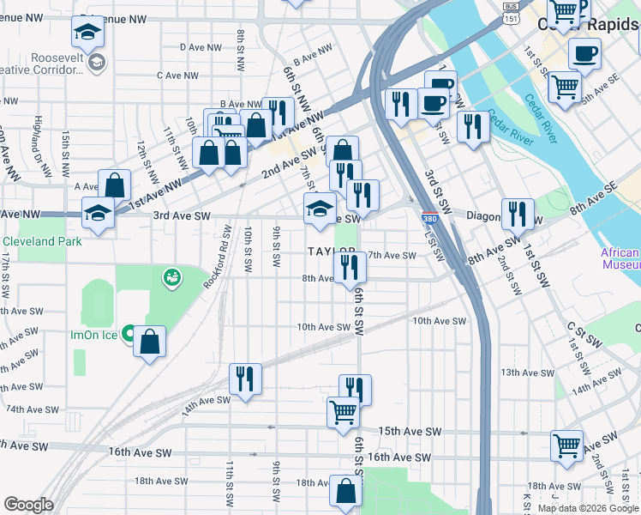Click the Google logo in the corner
[x=27, y=505]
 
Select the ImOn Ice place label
[x=94, y=334]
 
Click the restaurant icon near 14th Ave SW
[x=245, y=379]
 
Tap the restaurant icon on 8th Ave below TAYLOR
[x=349, y=267]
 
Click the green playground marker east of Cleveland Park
[x=171, y=276]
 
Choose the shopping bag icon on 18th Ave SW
[x=345, y=493]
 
